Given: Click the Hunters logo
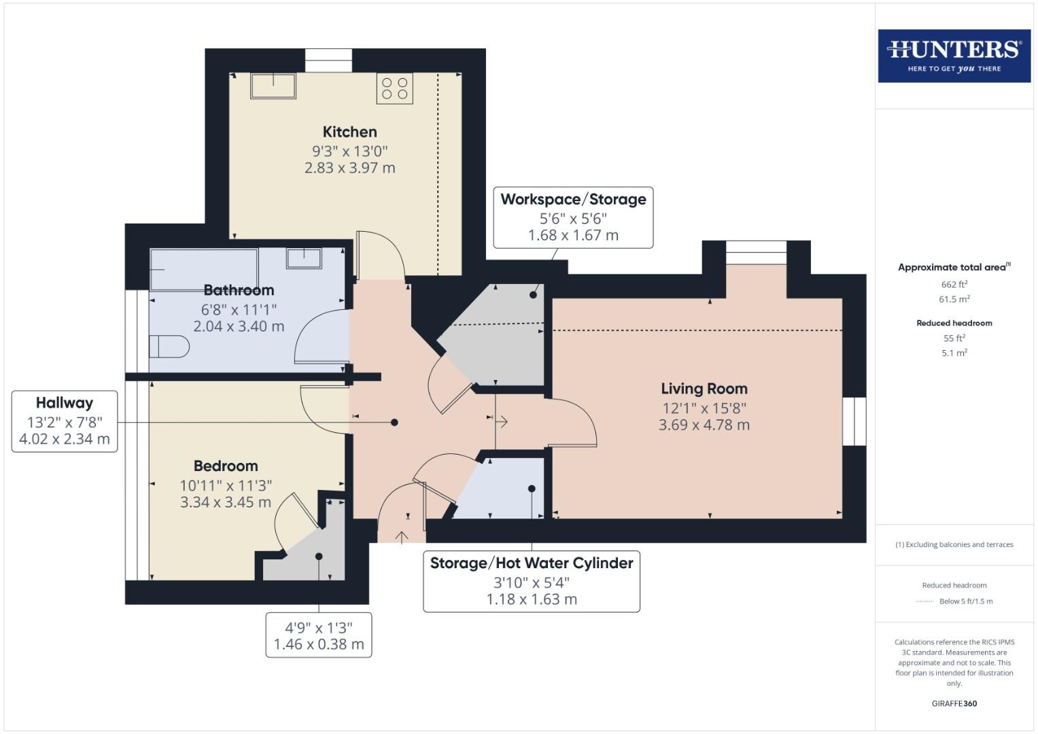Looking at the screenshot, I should (954, 56).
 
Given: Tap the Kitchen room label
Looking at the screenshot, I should (349, 132).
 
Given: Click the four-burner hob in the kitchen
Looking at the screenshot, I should (394, 88).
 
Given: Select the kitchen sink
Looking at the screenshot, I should (273, 86).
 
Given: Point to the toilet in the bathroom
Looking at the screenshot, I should (169, 347).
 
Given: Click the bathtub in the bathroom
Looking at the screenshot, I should (204, 269).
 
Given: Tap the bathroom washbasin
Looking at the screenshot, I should (303, 258).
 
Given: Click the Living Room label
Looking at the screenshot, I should (704, 389).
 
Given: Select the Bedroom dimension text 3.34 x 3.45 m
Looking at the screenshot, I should (225, 502).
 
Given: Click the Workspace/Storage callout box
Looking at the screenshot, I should (573, 217).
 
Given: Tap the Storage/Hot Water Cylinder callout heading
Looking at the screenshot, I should (532, 563).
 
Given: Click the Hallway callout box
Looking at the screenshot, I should (65, 421).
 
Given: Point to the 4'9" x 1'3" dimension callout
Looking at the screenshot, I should (319, 635).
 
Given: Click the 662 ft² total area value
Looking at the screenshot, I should (954, 284).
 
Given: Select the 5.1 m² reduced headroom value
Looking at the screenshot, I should (954, 353).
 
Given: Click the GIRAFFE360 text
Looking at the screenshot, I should (954, 703).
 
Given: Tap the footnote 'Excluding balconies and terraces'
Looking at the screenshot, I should (954, 544).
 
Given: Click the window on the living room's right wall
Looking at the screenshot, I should (854, 421).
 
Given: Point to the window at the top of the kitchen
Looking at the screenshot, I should (328, 60).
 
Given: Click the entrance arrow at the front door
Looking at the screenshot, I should (402, 537).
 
